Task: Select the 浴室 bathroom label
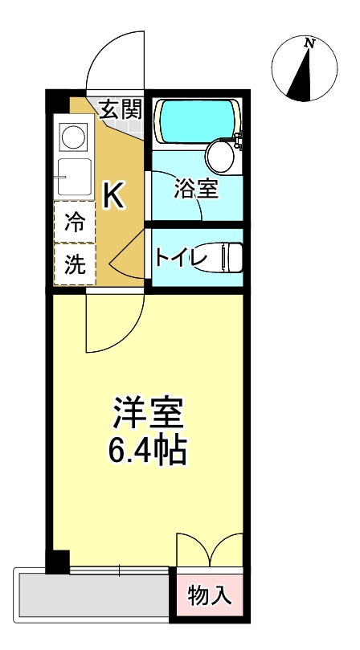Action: tap(197, 190)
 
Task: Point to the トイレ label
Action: tap(182, 258)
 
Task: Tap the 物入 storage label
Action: tap(211, 595)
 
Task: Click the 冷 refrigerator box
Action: tap(74, 223)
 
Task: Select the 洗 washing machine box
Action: tap(74, 266)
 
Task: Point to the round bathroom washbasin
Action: tap(219, 153)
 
